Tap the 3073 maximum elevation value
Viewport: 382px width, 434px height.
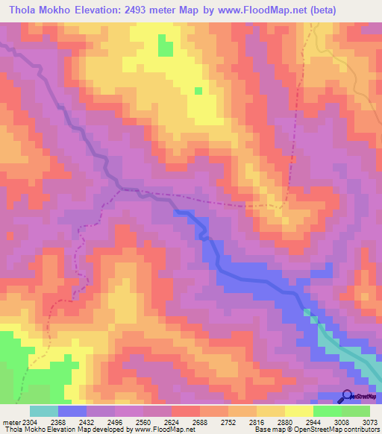[369, 421]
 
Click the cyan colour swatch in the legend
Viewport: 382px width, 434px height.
[44, 411]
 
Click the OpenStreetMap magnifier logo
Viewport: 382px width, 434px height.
[346, 396]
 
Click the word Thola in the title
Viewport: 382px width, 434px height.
[24, 10]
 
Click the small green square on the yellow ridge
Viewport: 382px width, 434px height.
[198, 91]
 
